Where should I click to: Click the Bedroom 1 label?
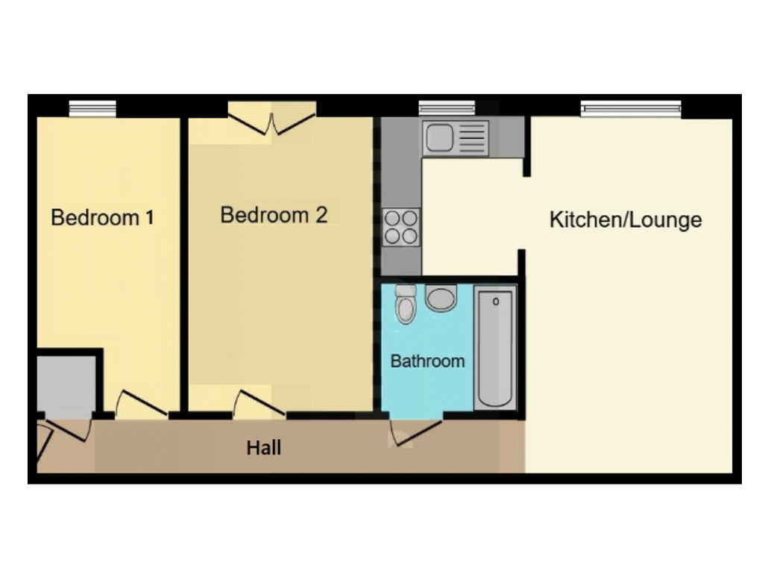(103, 218)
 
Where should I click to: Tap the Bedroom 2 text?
(274, 215)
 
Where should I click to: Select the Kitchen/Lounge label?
(625, 220)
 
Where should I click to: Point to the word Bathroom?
(427, 361)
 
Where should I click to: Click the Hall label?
(264, 448)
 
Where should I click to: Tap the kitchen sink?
(455, 138)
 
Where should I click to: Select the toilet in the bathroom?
(406, 305)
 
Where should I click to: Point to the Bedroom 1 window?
(92, 109)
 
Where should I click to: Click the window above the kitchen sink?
(447, 109)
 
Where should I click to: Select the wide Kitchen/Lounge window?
(631, 109)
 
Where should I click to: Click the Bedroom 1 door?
(140, 404)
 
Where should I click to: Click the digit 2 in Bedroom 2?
(321, 215)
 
